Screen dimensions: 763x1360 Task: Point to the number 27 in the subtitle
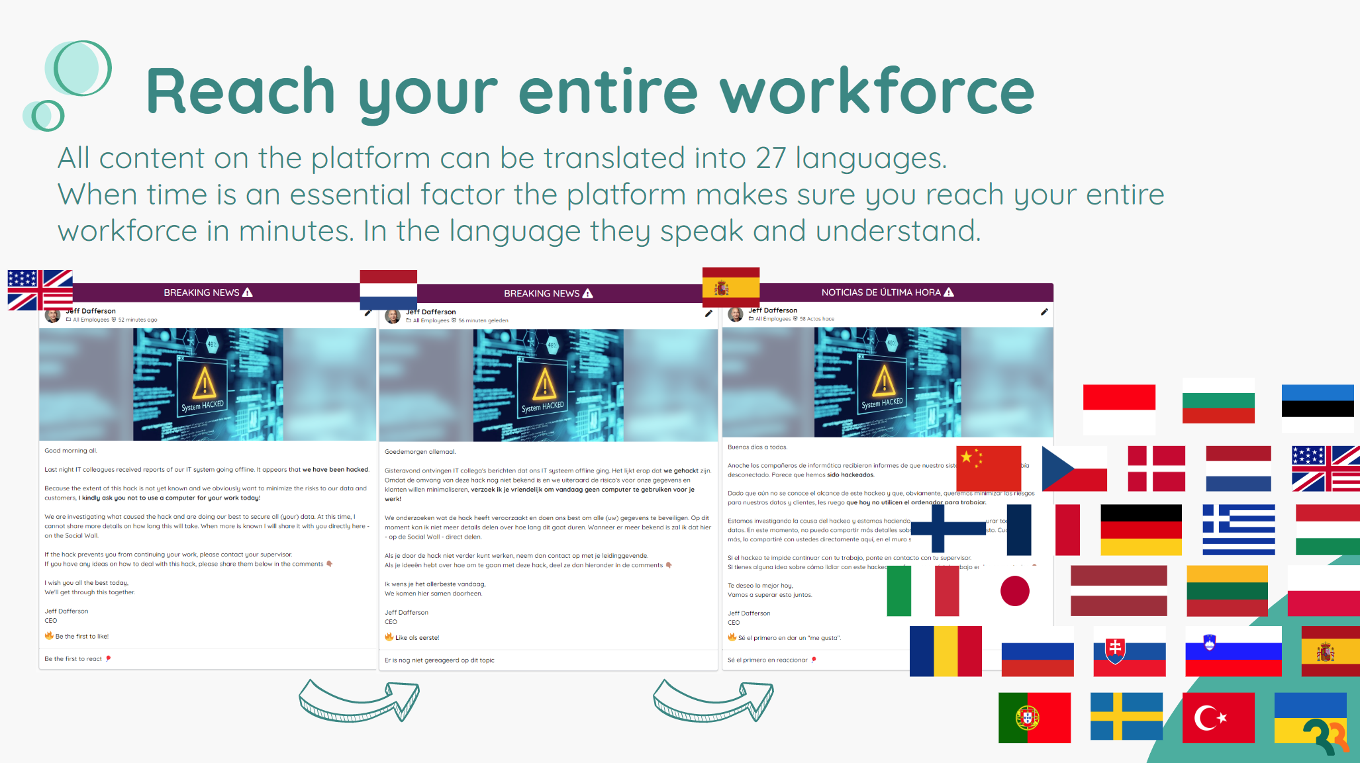click(770, 158)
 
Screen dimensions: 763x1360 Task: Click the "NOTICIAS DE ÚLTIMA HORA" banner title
click(881, 292)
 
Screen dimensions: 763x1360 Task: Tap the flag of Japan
click(1014, 591)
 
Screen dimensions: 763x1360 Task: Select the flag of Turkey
click(1218, 718)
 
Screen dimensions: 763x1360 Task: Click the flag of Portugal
click(1034, 718)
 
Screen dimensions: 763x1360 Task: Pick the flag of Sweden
click(1126, 716)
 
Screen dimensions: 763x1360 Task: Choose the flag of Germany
click(1141, 530)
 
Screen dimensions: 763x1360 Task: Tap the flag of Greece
click(1238, 529)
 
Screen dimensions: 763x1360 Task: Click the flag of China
click(988, 468)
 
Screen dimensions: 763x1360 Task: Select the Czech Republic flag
click(1074, 468)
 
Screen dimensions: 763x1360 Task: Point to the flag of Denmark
click(1156, 468)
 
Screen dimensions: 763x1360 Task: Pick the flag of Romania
click(946, 651)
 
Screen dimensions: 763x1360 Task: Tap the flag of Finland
click(948, 529)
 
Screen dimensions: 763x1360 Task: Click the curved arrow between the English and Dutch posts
click(359, 701)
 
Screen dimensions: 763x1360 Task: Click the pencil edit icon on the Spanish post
click(1044, 312)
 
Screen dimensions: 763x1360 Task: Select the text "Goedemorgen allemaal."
click(420, 452)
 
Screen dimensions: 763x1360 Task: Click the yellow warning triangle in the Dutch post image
click(544, 383)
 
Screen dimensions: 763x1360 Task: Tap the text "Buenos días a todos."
click(757, 447)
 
